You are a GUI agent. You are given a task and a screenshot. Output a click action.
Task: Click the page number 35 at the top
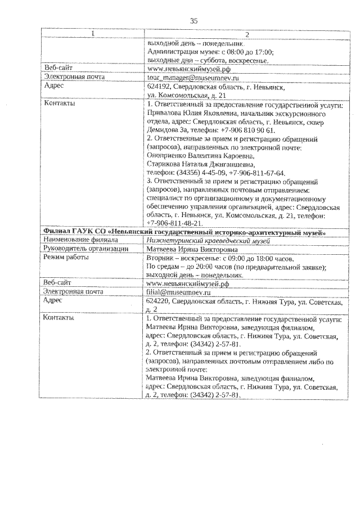[194, 21]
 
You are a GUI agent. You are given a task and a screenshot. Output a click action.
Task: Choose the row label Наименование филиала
[78, 240]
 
